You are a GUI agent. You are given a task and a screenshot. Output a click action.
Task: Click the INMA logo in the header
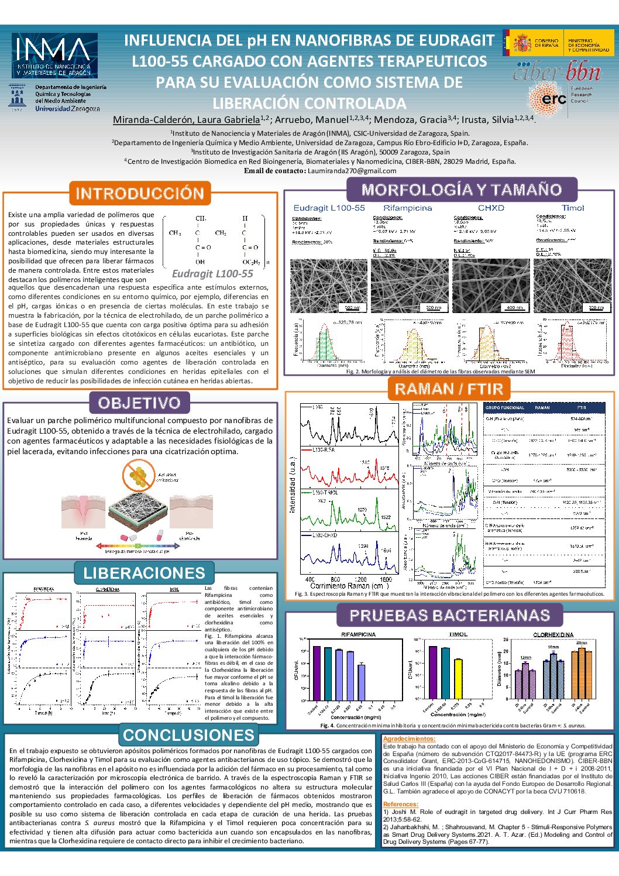(x=54, y=56)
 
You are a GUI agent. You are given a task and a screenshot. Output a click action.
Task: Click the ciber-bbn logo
(x=556, y=72)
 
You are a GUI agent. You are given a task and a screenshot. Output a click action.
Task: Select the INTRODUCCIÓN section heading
(x=139, y=193)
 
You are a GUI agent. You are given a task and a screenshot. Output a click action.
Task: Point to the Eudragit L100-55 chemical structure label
(x=212, y=274)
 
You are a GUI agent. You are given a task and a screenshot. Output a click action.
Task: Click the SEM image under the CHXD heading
(x=490, y=286)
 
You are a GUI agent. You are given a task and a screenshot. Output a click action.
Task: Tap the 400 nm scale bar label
(x=515, y=307)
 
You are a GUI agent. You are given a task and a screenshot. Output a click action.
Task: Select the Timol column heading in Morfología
(x=572, y=208)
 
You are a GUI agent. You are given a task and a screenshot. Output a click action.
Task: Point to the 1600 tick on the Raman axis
(x=386, y=579)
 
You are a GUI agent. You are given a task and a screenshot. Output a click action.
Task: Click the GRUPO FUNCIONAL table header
(x=504, y=407)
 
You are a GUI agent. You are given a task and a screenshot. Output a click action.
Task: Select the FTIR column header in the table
(x=582, y=407)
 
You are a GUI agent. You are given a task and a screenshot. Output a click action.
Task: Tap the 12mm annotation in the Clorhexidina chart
(x=525, y=658)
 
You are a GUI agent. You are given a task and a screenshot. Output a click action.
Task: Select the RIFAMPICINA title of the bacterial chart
(x=358, y=634)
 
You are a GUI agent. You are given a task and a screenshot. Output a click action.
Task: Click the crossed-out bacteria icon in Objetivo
(x=139, y=475)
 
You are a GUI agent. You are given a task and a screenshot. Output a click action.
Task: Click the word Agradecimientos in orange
(x=409, y=739)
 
